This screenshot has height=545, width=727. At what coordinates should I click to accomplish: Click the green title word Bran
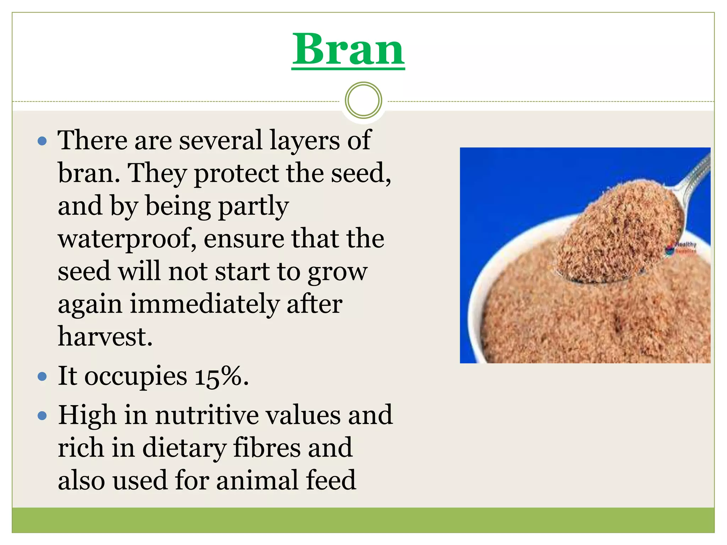[348, 50]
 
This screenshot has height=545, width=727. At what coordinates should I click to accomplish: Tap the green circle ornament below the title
[363, 100]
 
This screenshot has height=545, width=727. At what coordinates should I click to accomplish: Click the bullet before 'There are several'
[42, 141]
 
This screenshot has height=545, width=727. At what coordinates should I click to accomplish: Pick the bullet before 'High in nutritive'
[42, 415]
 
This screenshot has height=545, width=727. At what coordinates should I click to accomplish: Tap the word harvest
[105, 336]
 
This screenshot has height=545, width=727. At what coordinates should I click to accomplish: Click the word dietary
[184, 448]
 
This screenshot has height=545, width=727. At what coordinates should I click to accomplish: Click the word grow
[337, 272]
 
